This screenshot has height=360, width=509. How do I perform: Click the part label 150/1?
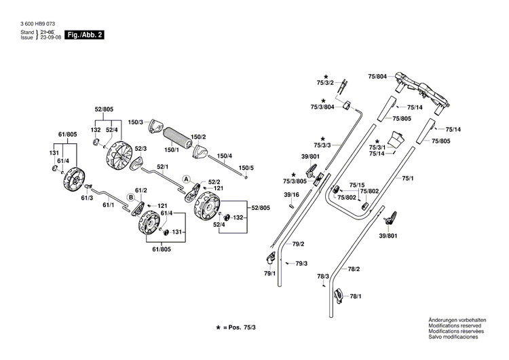(172, 149)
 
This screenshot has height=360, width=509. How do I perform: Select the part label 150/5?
(246, 167)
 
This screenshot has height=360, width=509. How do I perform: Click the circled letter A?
(185, 179)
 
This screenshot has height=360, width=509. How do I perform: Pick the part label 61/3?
(87, 198)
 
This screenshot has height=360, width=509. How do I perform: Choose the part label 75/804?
(377, 77)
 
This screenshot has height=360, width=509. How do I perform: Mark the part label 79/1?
(269, 273)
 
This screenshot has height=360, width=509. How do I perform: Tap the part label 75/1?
(407, 178)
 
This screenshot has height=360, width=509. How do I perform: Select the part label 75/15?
(357, 185)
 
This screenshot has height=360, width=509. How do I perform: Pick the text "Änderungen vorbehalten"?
(454, 320)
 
